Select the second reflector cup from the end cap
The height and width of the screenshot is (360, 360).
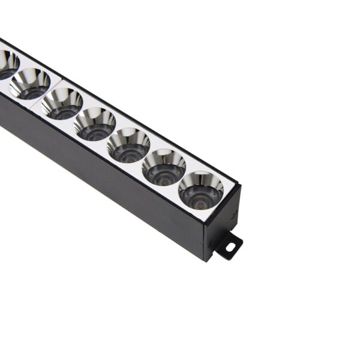click(164, 166)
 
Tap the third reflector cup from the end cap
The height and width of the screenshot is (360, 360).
click(128, 145)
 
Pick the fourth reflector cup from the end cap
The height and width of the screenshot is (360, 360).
click(95, 123)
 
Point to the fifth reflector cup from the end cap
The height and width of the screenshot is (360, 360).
click(62, 102)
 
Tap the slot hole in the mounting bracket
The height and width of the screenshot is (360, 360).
click(230, 246)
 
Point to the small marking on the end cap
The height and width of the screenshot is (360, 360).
click(235, 213)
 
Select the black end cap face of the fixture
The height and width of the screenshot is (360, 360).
click(223, 222)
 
